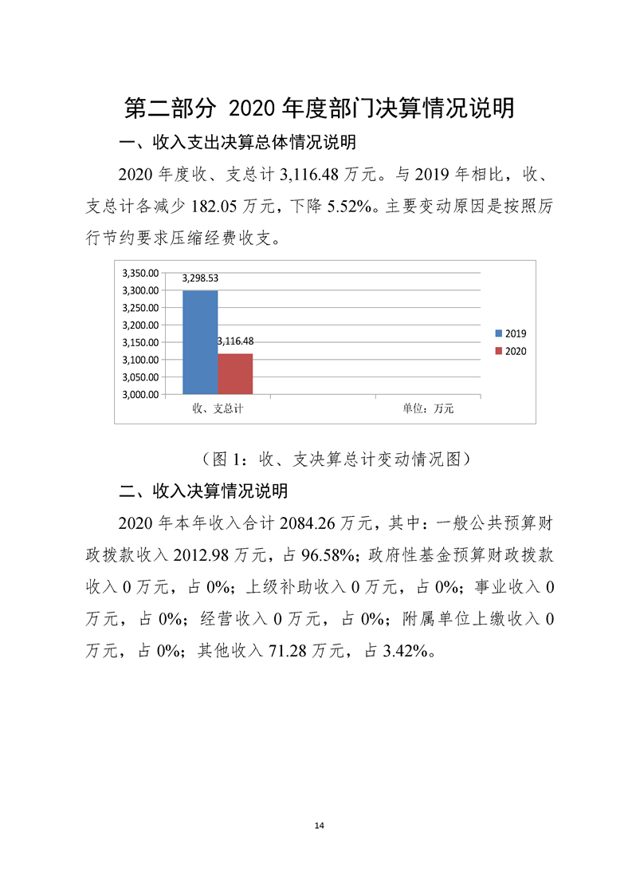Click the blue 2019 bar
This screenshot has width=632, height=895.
(200, 342)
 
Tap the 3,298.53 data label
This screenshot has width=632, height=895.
(200, 278)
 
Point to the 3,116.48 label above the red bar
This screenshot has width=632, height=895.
(235, 341)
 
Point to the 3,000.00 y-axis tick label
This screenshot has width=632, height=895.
(139, 394)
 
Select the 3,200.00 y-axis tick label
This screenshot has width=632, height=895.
(139, 325)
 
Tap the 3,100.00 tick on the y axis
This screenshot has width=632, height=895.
(139, 360)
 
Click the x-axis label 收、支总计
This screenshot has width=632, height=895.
(218, 408)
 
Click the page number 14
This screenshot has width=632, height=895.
(319, 825)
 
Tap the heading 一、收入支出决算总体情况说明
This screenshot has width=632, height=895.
(237, 144)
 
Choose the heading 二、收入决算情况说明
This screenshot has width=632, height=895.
(202, 490)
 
